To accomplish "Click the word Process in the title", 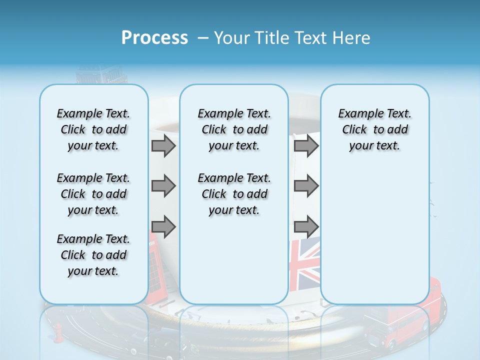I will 154,38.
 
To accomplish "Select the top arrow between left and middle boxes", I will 163,146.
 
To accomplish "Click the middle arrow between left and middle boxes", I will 163,186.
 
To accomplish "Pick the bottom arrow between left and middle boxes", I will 163,226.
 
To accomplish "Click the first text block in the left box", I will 93,129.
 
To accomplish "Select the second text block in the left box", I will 93,194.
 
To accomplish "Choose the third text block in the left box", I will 93,255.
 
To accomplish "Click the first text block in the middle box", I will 234,129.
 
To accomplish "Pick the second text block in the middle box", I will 234,194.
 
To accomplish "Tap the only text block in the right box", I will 374,129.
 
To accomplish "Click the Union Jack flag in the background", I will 304,264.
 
